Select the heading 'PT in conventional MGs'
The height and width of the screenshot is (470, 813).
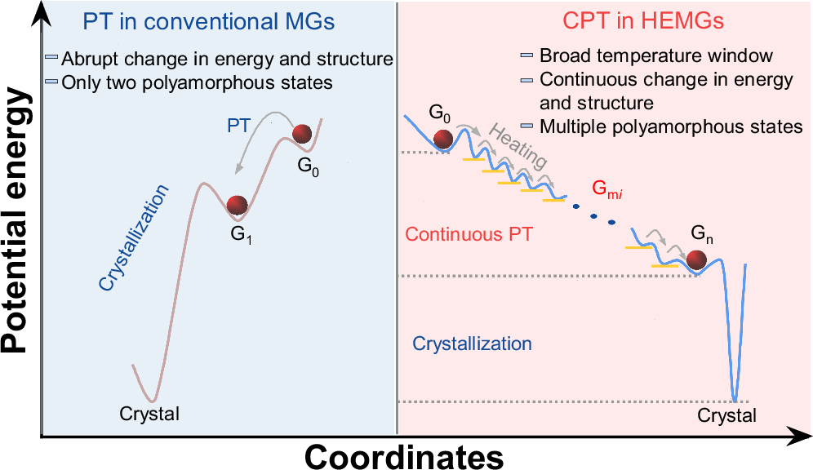click(x=210, y=22)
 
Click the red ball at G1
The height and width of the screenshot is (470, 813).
click(x=237, y=205)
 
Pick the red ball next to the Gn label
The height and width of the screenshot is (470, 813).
click(x=697, y=259)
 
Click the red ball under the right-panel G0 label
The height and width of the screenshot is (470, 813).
click(x=443, y=140)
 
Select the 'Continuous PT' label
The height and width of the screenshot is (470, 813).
click(x=469, y=234)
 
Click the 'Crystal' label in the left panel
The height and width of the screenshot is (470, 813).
click(x=149, y=413)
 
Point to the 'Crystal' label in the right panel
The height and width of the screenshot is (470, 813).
click(x=727, y=416)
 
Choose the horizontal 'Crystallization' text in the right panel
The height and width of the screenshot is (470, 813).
click(x=472, y=344)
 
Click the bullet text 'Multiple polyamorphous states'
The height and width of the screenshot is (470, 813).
click(x=671, y=126)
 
